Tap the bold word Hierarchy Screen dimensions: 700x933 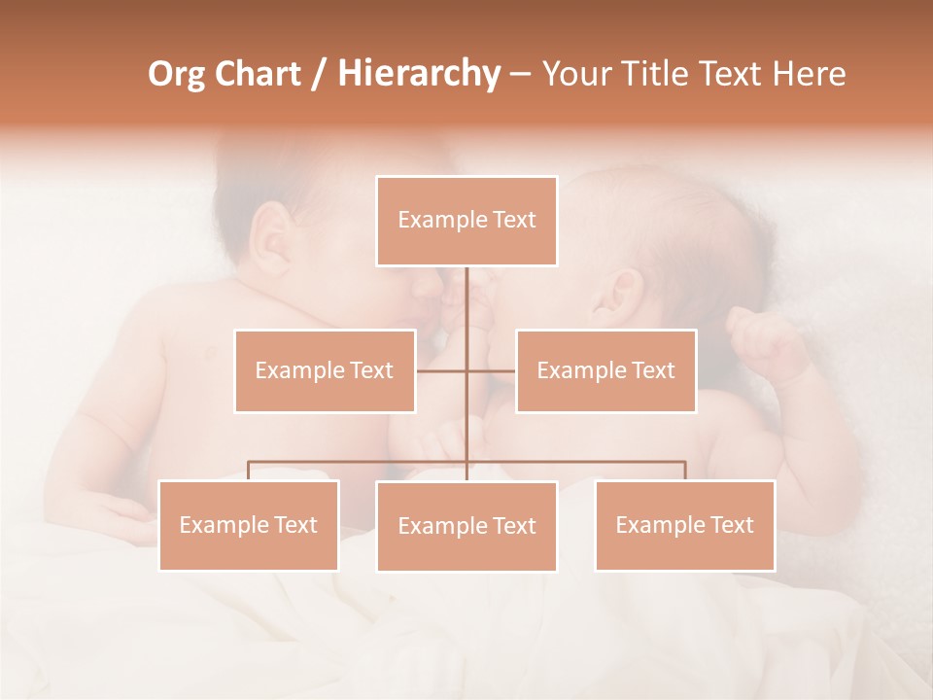pyautogui.click(x=418, y=74)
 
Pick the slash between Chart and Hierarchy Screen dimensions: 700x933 pyautogui.click(x=318, y=75)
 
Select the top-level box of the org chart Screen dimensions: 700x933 pyautogui.click(x=466, y=221)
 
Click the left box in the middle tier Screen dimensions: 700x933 pyautogui.click(x=325, y=370)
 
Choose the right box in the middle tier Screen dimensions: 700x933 pyautogui.click(x=605, y=370)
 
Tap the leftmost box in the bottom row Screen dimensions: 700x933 pyautogui.click(x=249, y=525)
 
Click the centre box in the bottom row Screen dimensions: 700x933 pyautogui.click(x=466, y=526)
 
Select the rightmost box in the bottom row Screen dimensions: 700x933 pyautogui.click(x=684, y=525)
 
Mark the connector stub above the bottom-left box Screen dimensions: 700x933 pyautogui.click(x=249, y=471)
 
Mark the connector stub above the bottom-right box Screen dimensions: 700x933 pyautogui.click(x=685, y=471)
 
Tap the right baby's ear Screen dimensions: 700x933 pyautogui.click(x=622, y=290)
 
